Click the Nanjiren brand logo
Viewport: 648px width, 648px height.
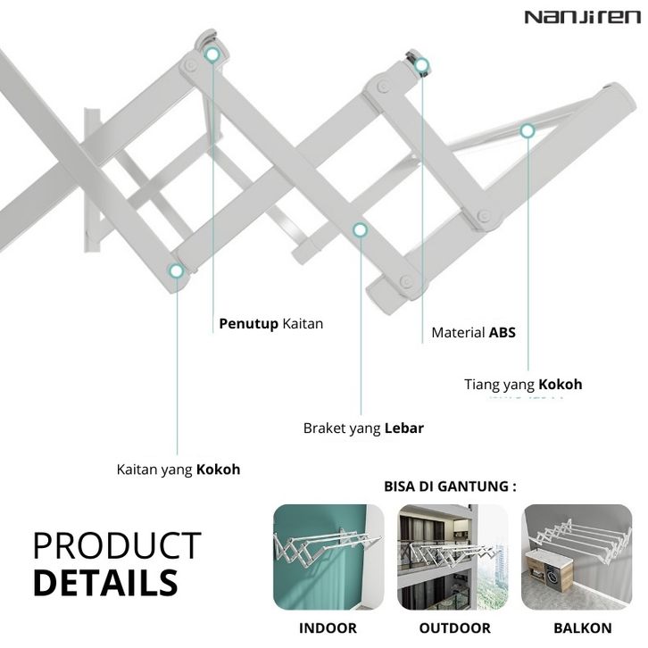(x=582, y=17)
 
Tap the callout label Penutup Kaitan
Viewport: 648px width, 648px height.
(x=270, y=324)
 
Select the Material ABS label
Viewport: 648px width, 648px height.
(x=473, y=333)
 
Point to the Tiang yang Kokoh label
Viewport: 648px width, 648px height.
(x=523, y=385)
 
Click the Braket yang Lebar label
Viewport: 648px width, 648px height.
(x=363, y=428)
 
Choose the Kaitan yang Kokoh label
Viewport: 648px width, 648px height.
(x=179, y=469)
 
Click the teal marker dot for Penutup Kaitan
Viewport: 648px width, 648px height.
(x=212, y=54)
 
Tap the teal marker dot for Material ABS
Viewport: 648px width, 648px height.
(x=421, y=65)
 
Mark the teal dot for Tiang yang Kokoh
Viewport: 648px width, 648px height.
(x=527, y=131)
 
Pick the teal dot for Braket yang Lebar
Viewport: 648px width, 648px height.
(x=360, y=229)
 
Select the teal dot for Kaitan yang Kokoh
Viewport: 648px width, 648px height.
(x=177, y=270)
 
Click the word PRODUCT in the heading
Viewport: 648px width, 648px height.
(x=117, y=545)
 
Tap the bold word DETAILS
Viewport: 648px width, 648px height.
(x=106, y=582)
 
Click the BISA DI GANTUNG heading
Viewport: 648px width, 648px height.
(x=450, y=486)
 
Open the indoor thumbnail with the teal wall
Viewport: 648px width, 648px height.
(x=328, y=557)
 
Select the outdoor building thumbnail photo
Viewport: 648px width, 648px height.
(x=453, y=557)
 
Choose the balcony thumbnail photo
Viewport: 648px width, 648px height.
(x=577, y=557)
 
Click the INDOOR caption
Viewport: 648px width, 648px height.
(x=328, y=628)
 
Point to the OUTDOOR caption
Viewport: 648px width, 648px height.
(x=454, y=628)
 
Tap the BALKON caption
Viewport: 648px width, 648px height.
(x=583, y=628)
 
